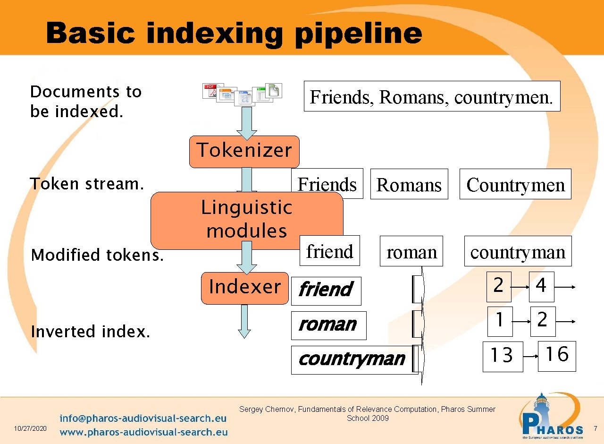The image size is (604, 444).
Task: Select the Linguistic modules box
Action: (246, 220)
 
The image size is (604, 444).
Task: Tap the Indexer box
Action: (244, 287)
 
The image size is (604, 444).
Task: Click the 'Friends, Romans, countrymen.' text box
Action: (431, 96)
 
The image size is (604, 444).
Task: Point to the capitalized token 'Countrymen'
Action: (515, 185)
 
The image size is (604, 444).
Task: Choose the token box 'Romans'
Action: (409, 185)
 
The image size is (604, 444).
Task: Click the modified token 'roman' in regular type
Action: (411, 252)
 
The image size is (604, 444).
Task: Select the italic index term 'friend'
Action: (326, 290)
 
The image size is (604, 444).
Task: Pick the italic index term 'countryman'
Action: (352, 359)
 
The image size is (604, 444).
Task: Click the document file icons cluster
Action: (242, 93)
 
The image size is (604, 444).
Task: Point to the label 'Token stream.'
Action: (87, 184)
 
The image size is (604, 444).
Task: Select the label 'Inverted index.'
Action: (90, 332)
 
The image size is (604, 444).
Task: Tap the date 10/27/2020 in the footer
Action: (31, 428)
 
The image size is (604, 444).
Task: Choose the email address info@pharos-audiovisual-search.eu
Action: (143, 418)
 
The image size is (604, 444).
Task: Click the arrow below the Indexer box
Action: (244, 321)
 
